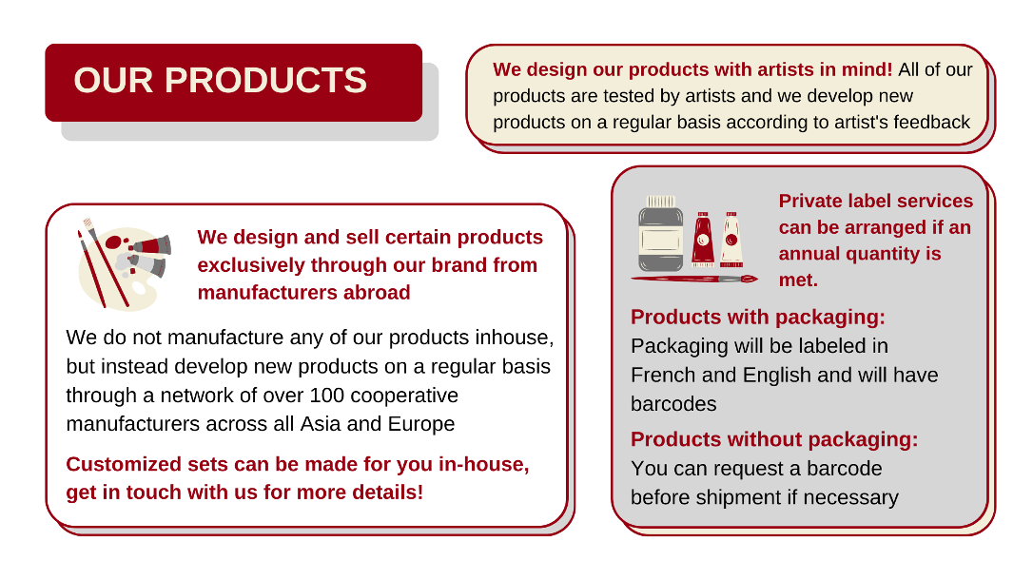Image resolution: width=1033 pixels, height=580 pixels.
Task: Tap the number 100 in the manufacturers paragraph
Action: point(327,395)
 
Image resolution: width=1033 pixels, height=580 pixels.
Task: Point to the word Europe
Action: point(421,424)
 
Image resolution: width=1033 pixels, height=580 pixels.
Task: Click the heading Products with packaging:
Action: point(757,318)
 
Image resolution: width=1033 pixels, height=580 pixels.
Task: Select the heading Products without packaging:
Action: point(774,439)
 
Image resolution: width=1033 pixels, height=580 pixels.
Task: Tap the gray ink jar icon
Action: point(661,234)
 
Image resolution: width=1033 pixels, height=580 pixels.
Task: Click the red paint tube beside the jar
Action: point(703,239)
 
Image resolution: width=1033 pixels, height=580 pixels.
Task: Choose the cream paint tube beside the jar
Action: point(731,239)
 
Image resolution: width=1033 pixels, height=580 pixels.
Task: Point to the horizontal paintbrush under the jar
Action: point(694,280)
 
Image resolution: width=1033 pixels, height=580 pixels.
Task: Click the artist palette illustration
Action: point(124,265)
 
